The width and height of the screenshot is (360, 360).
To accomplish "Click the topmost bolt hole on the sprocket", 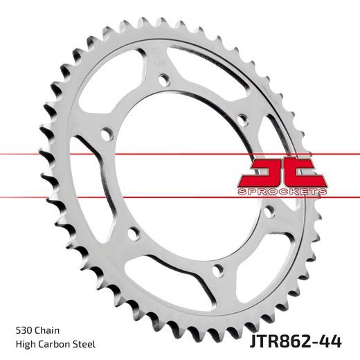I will (164, 78).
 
